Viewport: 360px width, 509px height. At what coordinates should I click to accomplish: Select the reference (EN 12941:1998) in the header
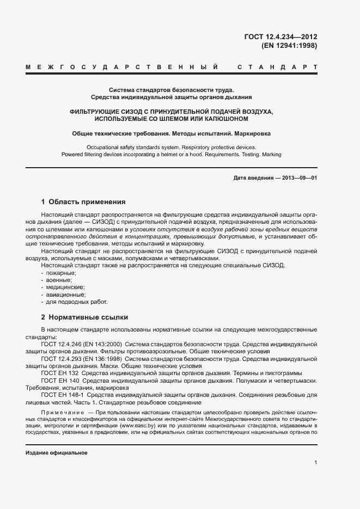coord(289,46)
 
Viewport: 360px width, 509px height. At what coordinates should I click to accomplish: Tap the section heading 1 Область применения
coord(83,201)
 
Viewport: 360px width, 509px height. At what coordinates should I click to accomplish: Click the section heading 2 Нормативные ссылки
coord(84,317)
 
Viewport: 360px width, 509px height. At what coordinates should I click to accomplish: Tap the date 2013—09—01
coord(298,179)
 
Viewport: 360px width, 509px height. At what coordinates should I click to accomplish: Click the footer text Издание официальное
coord(57,453)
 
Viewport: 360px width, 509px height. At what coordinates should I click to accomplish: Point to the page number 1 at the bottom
coord(315,463)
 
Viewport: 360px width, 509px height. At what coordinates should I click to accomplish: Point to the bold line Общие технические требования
coord(171,133)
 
